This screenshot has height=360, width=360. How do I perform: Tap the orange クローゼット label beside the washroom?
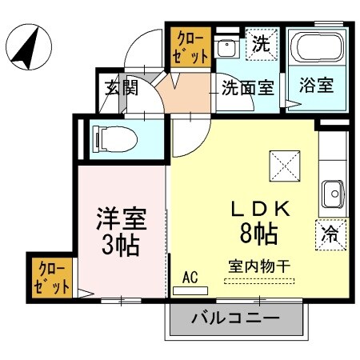tap(189, 47)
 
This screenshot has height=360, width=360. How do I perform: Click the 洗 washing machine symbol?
tap(262, 44)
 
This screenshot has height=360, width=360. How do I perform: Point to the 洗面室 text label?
tap(248, 87)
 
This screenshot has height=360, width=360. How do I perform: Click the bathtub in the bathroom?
tap(316, 51)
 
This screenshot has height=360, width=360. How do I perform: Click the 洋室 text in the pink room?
tap(119, 218)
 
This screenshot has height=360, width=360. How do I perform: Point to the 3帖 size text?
tap(119, 243)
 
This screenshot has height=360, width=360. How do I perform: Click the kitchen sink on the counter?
tap(332, 192)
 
